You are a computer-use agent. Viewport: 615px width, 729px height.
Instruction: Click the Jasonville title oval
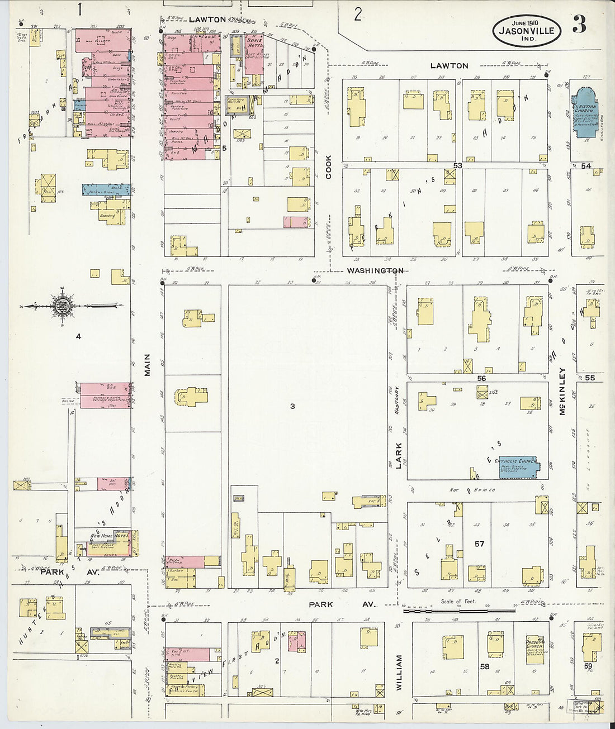tap(526, 30)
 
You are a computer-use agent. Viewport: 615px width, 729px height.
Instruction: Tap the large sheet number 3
tap(580, 25)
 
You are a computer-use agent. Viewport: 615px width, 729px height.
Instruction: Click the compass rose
tap(61, 306)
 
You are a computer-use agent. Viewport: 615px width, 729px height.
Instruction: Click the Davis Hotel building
tap(254, 55)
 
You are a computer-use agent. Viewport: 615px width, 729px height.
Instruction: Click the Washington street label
tap(375, 270)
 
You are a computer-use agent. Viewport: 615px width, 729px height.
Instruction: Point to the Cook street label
tap(328, 167)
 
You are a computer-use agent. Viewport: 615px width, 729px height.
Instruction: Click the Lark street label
tap(399, 456)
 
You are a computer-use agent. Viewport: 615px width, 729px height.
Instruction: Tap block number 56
tap(481, 378)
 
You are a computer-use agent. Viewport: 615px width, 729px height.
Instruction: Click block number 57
tap(479, 544)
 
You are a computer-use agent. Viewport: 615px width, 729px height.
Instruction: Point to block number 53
tap(458, 165)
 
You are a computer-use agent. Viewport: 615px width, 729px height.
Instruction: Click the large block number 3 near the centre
tap(292, 406)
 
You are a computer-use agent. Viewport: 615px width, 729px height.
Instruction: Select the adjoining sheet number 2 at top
tap(358, 14)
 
